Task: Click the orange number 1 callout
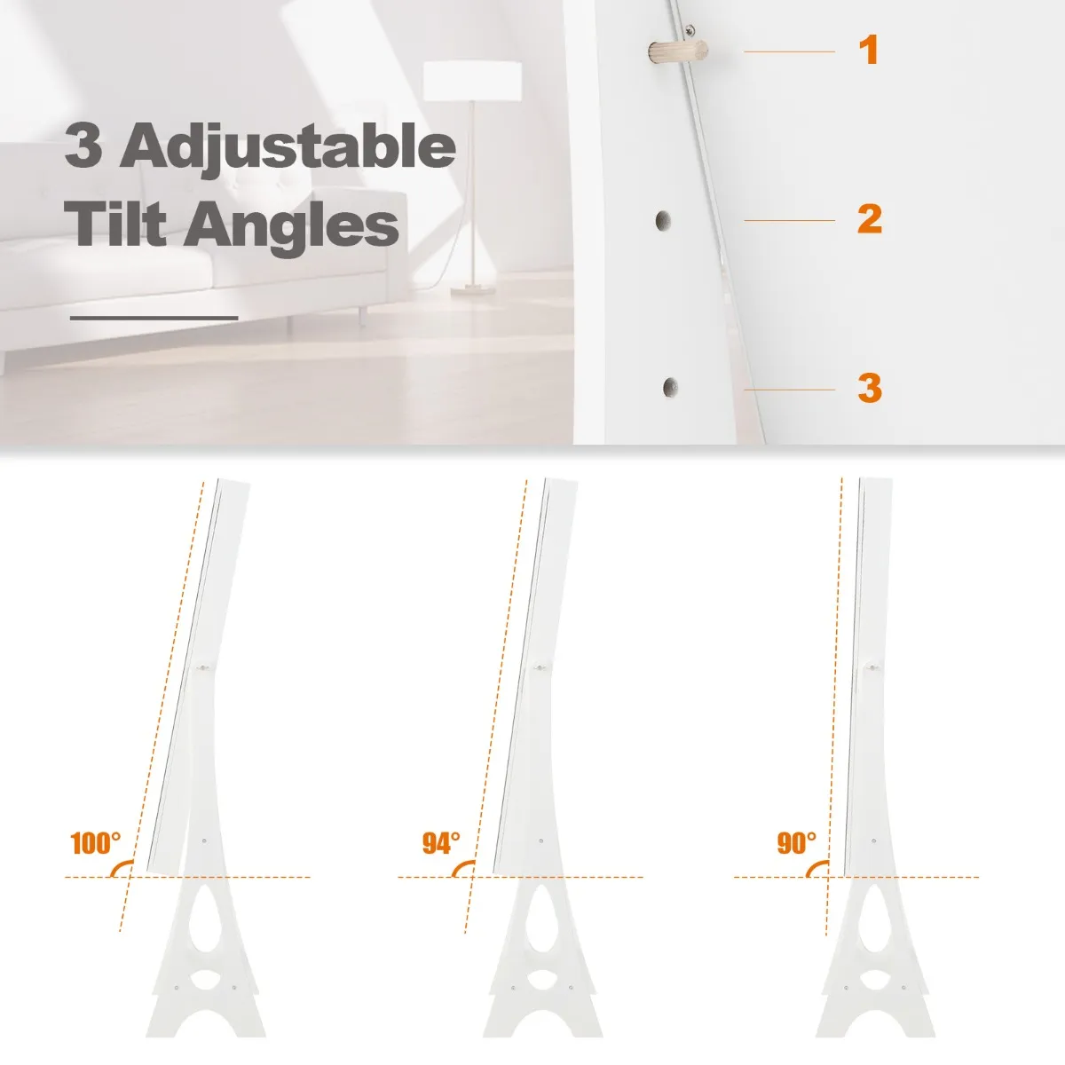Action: (869, 50)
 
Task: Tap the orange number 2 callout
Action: (870, 219)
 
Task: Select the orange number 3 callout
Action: (870, 388)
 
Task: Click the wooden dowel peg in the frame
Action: (677, 52)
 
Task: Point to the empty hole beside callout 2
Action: (663, 221)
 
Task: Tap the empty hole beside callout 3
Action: (670, 388)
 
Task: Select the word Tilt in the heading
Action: (115, 224)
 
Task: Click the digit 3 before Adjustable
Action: (83, 145)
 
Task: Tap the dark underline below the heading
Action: (154, 318)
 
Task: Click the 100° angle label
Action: (95, 843)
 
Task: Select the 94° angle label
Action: (441, 843)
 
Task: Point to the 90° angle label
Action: (796, 843)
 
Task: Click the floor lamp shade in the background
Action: (472, 82)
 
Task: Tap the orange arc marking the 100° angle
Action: (118, 866)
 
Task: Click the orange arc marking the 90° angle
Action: (814, 866)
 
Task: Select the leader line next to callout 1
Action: (789, 51)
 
